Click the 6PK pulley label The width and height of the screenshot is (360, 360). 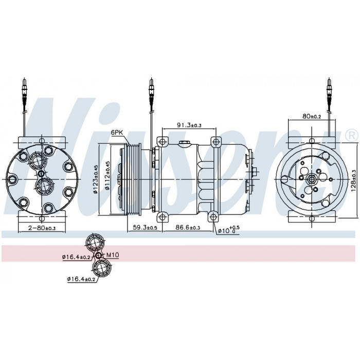tap(117, 133)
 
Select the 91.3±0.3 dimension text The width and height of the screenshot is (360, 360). tap(189, 125)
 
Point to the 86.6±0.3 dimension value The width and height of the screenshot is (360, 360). tap(188, 227)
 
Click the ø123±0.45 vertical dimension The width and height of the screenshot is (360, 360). tap(96, 179)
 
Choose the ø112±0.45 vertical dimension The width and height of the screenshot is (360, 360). tap(107, 176)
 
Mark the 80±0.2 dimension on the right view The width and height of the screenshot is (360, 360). tap(312, 116)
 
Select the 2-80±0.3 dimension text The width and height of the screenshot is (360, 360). tap(42, 228)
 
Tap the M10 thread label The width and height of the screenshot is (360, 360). tap(113, 255)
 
